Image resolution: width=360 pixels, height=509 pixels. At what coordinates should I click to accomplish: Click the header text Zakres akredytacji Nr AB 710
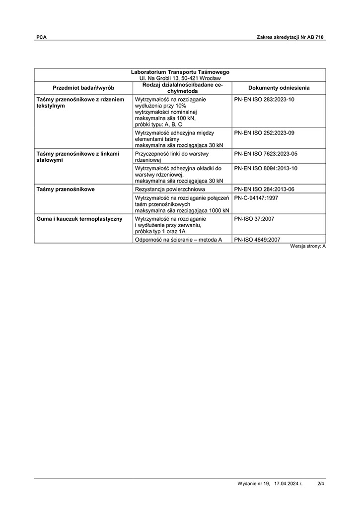(x=291, y=37)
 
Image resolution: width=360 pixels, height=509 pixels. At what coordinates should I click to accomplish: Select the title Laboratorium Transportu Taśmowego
(x=180, y=72)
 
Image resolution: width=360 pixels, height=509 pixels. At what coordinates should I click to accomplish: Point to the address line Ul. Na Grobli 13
(x=180, y=78)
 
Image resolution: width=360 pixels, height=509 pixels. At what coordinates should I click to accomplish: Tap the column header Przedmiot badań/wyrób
(x=83, y=88)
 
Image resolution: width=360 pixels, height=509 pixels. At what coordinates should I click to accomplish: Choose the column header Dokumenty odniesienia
(x=279, y=88)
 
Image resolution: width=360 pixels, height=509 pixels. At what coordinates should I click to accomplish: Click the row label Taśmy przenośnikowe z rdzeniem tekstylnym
(x=80, y=103)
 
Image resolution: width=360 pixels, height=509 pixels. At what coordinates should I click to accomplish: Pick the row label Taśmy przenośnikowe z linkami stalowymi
(x=78, y=157)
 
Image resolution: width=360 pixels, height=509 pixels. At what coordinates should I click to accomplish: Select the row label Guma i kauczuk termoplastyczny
(x=79, y=219)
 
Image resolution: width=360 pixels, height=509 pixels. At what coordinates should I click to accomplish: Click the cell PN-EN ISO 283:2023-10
(x=264, y=100)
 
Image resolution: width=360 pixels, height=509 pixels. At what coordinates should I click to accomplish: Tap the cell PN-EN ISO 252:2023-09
(x=264, y=133)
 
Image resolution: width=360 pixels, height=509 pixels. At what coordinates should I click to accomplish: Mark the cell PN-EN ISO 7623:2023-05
(x=264, y=154)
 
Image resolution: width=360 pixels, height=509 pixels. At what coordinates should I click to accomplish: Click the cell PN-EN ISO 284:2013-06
(x=264, y=190)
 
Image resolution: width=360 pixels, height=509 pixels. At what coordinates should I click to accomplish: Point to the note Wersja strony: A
(x=308, y=247)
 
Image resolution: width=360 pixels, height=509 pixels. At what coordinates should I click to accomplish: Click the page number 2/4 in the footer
(x=321, y=483)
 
